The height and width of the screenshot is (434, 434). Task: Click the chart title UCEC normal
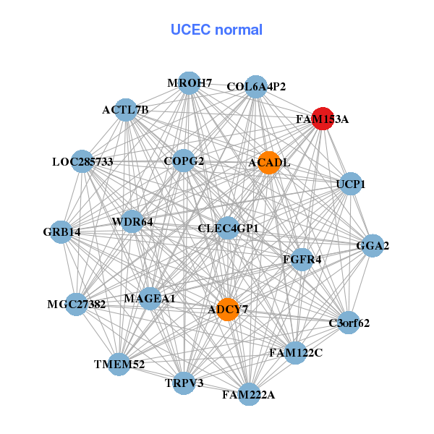pyautogui.click(x=216, y=30)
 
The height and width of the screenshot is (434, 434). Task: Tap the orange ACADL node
pyautogui.click(x=268, y=162)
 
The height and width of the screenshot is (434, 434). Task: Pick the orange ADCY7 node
pyautogui.click(x=228, y=309)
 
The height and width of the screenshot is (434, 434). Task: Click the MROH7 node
pyautogui.click(x=189, y=82)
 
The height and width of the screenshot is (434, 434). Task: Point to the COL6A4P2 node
pyautogui.click(x=256, y=87)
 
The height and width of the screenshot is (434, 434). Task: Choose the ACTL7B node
pyautogui.click(x=126, y=110)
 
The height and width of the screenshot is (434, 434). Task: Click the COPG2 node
pyautogui.click(x=184, y=161)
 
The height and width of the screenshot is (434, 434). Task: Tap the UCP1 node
pyautogui.click(x=350, y=184)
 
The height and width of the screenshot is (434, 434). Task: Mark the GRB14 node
pyautogui.click(x=61, y=232)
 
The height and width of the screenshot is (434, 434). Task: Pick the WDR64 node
pyautogui.click(x=132, y=221)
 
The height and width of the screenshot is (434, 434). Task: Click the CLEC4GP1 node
pyautogui.click(x=228, y=229)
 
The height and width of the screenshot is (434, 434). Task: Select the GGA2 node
pyautogui.click(x=373, y=246)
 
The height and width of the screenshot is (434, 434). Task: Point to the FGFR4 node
pyautogui.click(x=302, y=259)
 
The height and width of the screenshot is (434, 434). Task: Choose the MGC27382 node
pyautogui.click(x=76, y=304)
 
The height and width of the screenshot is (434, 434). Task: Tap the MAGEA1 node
pyautogui.click(x=150, y=298)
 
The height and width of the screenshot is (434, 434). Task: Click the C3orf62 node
pyautogui.click(x=349, y=323)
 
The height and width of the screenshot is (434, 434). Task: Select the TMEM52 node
pyautogui.click(x=119, y=365)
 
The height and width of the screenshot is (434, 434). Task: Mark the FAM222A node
pyautogui.click(x=249, y=394)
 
